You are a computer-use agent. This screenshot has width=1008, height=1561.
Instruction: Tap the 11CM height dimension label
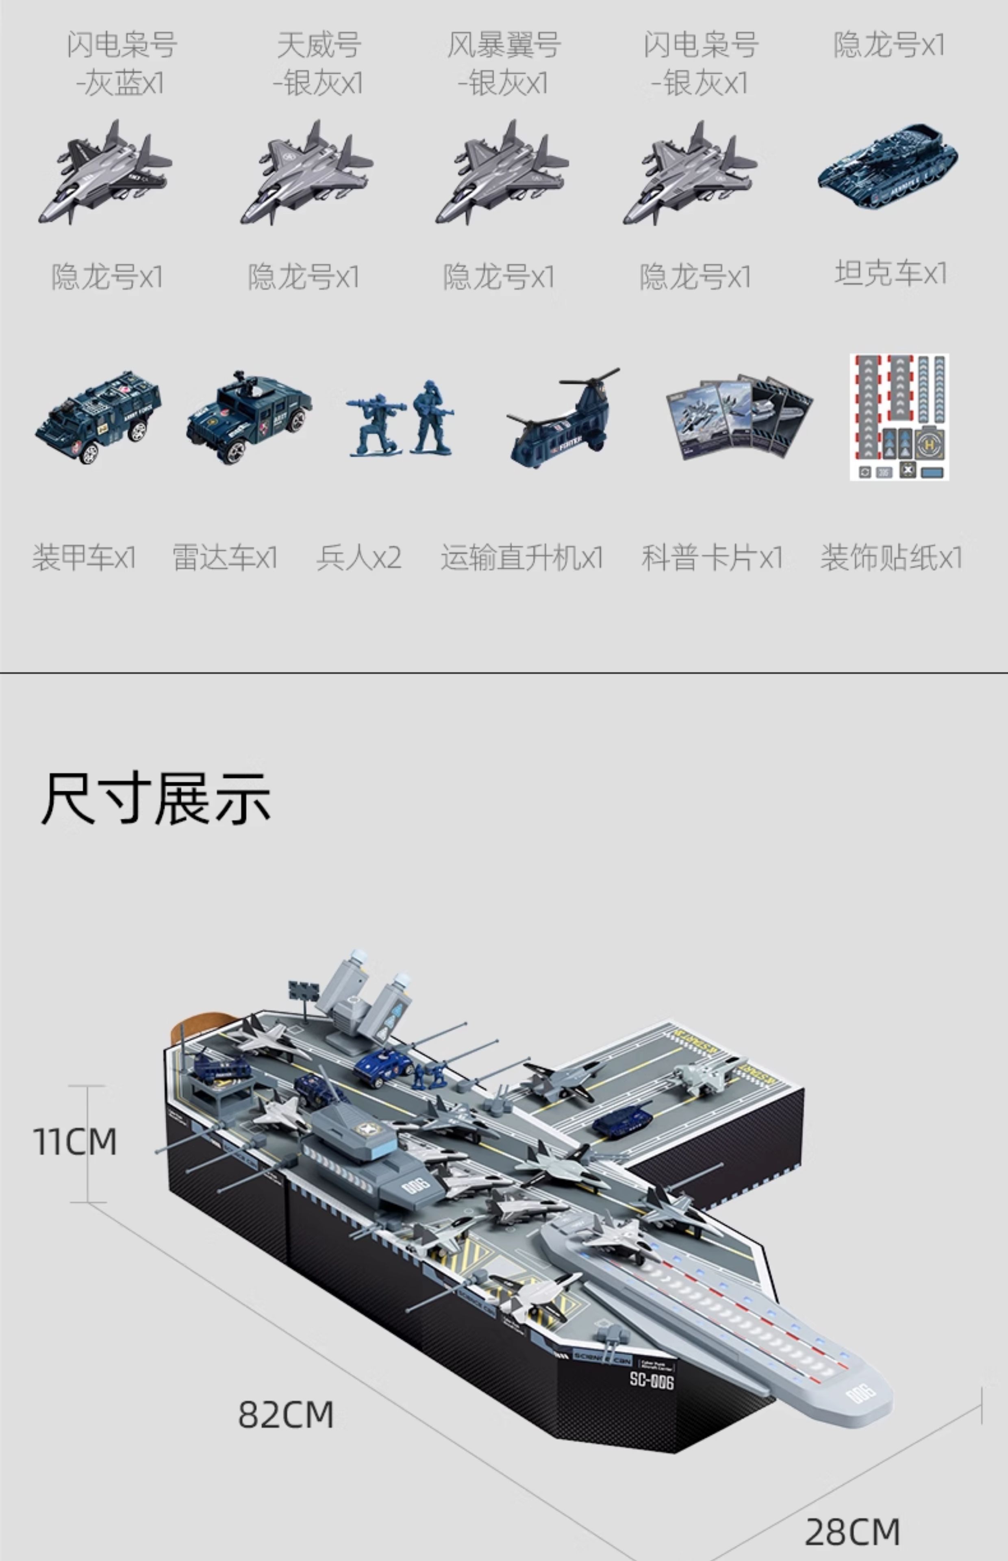(x=75, y=1142)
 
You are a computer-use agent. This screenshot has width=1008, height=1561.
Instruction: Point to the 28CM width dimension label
(x=852, y=1532)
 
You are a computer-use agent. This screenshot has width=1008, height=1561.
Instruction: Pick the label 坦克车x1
(x=890, y=273)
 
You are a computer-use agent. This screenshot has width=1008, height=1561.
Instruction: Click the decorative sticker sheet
(x=899, y=417)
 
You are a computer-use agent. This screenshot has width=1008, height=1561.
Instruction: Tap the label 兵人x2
(x=358, y=558)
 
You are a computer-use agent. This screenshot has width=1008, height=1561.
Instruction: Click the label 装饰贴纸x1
(x=891, y=558)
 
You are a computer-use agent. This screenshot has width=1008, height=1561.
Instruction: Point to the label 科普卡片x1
(x=712, y=558)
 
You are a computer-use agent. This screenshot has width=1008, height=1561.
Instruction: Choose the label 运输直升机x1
(x=521, y=558)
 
